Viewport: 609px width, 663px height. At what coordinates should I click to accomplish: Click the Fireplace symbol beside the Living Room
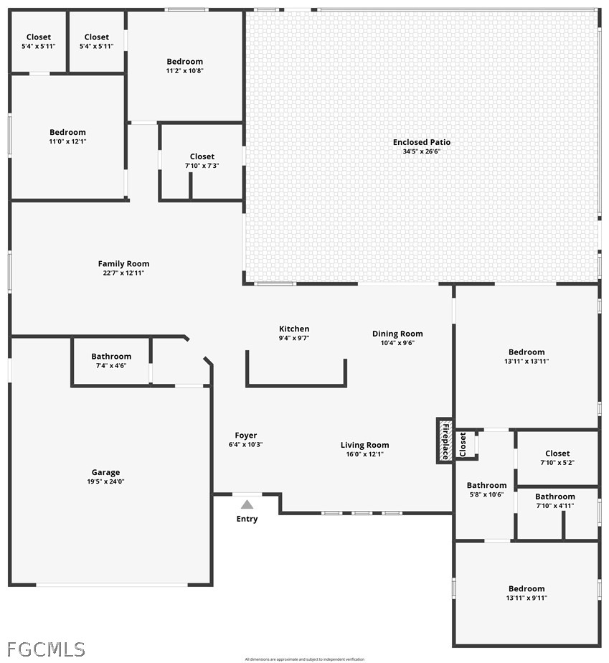pos(445,441)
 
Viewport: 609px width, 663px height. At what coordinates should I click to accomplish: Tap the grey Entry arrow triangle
pos(247,504)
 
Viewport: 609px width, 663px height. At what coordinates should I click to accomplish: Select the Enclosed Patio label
pos(422,142)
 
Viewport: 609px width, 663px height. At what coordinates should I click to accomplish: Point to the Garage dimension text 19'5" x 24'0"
pos(105,481)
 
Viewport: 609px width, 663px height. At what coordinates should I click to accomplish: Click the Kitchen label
pos(294,329)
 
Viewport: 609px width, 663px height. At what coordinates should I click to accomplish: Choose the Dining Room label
pos(397,334)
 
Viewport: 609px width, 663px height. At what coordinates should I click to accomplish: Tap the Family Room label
pos(123,264)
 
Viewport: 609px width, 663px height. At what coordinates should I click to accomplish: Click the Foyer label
pos(245,436)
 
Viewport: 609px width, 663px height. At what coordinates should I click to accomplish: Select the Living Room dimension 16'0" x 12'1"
pos(364,453)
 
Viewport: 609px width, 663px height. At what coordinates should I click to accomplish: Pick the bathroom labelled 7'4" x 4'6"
pos(111,361)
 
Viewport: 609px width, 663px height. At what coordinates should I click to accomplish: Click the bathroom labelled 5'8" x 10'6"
pos(486,489)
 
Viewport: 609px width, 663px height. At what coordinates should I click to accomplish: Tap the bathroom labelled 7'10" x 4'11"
pos(554,500)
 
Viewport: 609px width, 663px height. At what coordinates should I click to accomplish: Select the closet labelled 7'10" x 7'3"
pos(202,161)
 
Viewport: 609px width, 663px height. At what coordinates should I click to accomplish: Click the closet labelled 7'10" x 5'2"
pos(557,457)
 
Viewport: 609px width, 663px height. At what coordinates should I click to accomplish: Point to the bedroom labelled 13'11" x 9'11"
pos(527,593)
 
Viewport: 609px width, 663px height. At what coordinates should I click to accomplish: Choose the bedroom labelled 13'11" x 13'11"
pos(527,356)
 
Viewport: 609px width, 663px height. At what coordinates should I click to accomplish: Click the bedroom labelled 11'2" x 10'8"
pos(184,66)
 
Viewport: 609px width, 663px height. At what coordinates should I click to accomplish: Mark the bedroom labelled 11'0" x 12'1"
pos(67,136)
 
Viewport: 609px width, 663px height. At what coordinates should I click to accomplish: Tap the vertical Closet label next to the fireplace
pos(463,444)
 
